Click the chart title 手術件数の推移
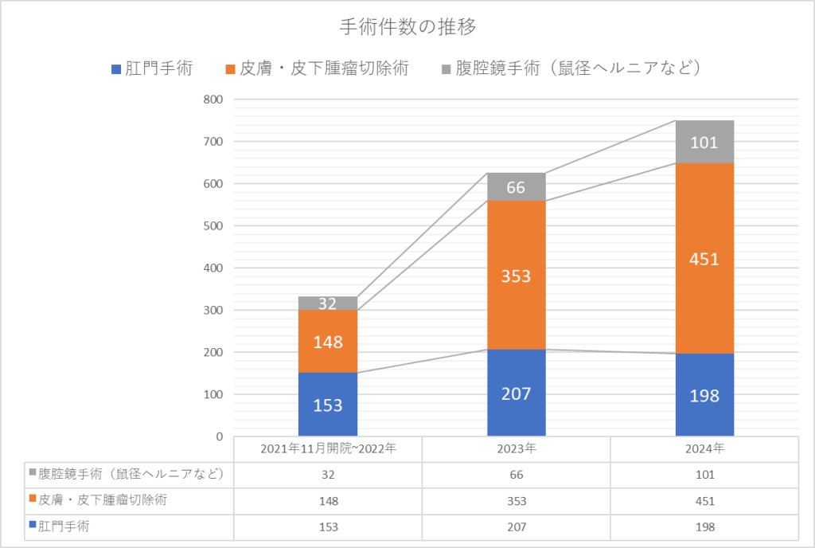pyautogui.click(x=407, y=27)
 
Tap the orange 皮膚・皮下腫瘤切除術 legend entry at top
pyautogui.click(x=318, y=68)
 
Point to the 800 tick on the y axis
pyautogui.click(x=213, y=100)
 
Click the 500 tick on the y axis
pyautogui.click(x=213, y=226)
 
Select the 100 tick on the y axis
pyautogui.click(x=213, y=394)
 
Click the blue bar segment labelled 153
pyautogui.click(x=328, y=404)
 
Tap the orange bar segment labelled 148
pyautogui.click(x=328, y=342)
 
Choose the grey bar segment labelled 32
pyautogui.click(x=328, y=303)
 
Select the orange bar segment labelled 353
pyautogui.click(x=517, y=276)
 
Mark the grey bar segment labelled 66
pyautogui.click(x=517, y=187)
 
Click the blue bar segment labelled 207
pyautogui.click(x=517, y=393)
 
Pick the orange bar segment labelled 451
pyautogui.click(x=704, y=259)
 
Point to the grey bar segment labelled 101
pyautogui.click(x=704, y=143)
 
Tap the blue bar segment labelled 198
pyautogui.click(x=704, y=395)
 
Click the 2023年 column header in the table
pyautogui.click(x=517, y=448)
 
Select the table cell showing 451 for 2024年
pyautogui.click(x=704, y=500)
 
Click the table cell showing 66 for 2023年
pyautogui.click(x=517, y=474)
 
